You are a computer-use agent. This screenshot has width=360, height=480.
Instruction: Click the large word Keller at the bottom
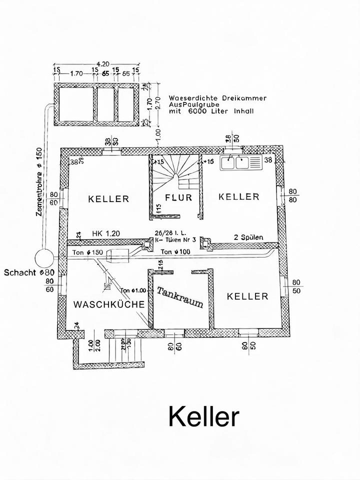(x=203, y=415)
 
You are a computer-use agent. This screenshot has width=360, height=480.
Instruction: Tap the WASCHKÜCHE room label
(x=109, y=304)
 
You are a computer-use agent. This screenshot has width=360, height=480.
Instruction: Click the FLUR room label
(x=178, y=197)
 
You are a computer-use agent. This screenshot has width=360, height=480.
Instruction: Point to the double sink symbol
(x=240, y=162)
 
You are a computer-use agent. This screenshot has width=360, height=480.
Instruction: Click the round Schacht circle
(x=44, y=259)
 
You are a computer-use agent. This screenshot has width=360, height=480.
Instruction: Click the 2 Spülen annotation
(x=249, y=236)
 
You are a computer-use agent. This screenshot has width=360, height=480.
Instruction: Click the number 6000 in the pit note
(x=198, y=112)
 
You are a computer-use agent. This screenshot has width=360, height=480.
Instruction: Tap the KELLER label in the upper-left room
(x=108, y=198)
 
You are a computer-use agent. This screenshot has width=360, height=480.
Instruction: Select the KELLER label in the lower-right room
(x=247, y=296)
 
